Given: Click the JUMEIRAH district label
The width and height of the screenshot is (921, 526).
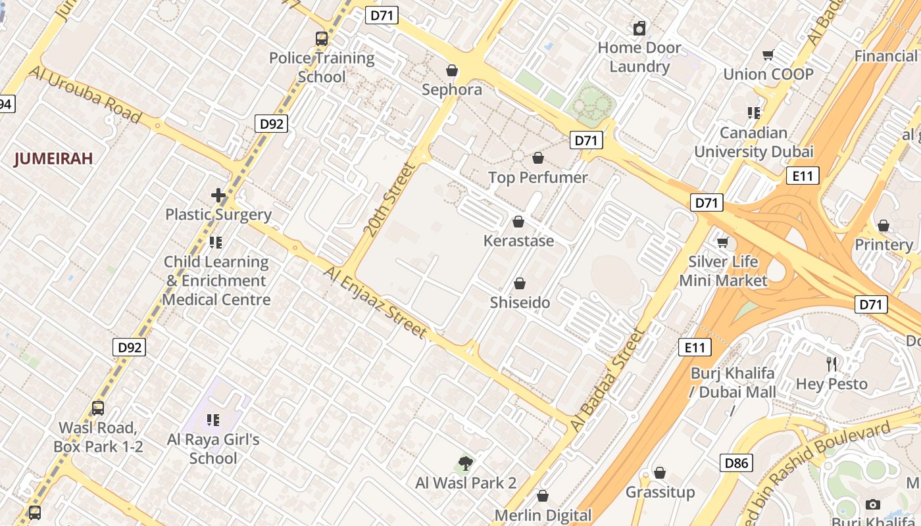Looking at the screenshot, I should pos(53,158).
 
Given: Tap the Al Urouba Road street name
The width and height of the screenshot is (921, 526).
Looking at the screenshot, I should pos(85,95).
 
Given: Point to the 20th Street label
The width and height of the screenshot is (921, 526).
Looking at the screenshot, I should pos(389,200).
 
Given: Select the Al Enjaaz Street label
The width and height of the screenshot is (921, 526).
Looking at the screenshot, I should pos(376,302).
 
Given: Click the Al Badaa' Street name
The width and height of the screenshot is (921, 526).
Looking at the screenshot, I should pos(608,380).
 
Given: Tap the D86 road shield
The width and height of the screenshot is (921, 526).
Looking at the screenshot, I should pos(736,463).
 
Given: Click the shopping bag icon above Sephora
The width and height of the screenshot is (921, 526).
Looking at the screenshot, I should pos(452,70).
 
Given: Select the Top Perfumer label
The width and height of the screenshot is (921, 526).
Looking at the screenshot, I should pos(537,178).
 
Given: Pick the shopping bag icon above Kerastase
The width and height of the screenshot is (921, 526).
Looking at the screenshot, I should pos(518,222).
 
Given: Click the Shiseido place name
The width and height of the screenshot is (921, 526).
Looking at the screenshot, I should pos(520,302).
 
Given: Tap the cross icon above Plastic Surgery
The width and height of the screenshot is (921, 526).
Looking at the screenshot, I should pos(218,195).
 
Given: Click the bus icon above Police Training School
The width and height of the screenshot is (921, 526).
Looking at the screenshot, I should pos(321,39).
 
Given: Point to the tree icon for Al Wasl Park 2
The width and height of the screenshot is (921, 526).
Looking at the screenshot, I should pos(466,464).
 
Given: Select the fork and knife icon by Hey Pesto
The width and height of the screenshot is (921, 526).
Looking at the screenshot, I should pos(832,364).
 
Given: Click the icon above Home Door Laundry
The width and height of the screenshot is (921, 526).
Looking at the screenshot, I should pos(639,28).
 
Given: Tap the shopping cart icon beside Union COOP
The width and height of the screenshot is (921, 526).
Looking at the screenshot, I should pos(768,55).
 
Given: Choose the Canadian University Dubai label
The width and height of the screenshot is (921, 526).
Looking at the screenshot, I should pos(754,142).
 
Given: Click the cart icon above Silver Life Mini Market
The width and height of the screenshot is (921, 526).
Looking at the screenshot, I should pos(723,243).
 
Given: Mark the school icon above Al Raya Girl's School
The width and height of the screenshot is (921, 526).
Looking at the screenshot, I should pos(212,419).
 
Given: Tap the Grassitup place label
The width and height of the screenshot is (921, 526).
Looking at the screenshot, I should pos(660,492).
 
